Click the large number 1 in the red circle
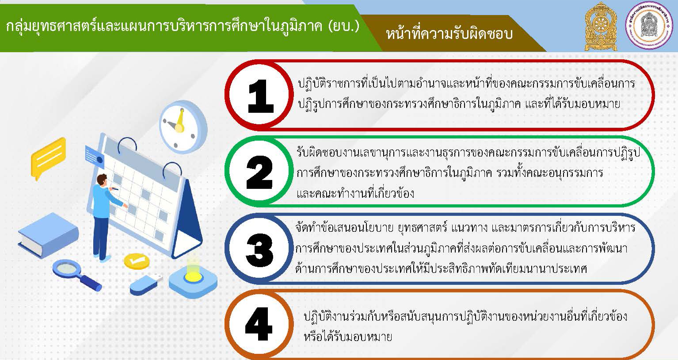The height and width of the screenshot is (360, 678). (261, 96)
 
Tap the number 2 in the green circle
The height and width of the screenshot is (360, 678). (260, 172)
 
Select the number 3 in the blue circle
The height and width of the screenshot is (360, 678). (260, 250)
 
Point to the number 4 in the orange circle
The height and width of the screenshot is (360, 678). (259, 324)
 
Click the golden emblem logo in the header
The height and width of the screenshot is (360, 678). (601, 27)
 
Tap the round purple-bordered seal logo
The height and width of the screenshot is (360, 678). (649, 26)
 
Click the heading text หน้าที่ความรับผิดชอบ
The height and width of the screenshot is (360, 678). (449, 34)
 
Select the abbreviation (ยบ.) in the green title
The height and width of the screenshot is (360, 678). (344, 26)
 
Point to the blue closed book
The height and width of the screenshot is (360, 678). (49, 235)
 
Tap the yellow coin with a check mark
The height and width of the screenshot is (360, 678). (137, 261)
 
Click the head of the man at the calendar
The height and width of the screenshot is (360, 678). (102, 180)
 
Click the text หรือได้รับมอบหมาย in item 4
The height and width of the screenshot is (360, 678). (348, 337)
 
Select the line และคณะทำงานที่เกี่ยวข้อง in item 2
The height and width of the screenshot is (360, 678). (355, 193)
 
